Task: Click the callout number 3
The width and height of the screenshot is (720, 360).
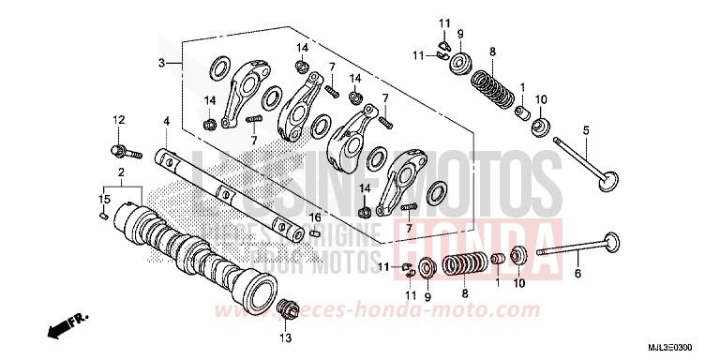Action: pos(161,63)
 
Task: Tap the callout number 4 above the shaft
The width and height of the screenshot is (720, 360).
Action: pos(166,121)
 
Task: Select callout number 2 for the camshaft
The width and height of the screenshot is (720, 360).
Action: pos(121,173)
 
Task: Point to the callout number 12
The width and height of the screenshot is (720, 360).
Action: pos(119,119)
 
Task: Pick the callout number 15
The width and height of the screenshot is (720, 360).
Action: pos(104,199)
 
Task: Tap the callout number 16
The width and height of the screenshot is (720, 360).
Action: pos(316,217)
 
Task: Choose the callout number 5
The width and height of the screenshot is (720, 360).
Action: pos(586,130)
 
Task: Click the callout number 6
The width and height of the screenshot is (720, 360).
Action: pos(577,274)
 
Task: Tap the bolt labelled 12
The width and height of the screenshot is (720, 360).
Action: pos(123,150)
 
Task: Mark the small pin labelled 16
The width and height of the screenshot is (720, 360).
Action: pos(315,232)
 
